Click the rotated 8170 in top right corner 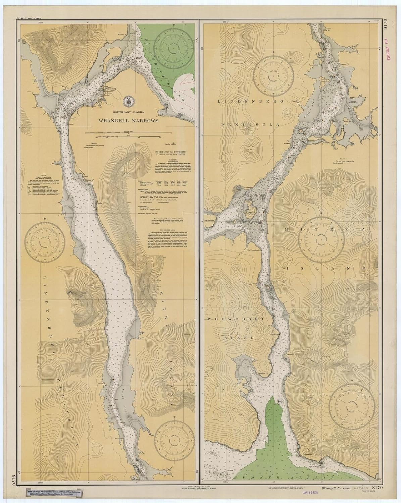click(x=391, y=26)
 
